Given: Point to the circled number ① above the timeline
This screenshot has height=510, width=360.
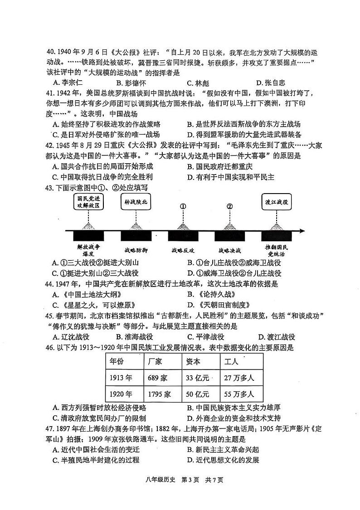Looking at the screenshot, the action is [183, 206].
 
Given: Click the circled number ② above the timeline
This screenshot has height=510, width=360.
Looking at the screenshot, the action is [230, 206].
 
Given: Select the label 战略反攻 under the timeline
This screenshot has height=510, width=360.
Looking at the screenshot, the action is [183, 250].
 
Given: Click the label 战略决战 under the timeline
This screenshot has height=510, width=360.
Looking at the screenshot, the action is [229, 250].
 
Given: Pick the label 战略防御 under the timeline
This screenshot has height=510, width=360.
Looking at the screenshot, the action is [136, 250].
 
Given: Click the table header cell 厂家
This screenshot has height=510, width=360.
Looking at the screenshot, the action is [156, 362].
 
